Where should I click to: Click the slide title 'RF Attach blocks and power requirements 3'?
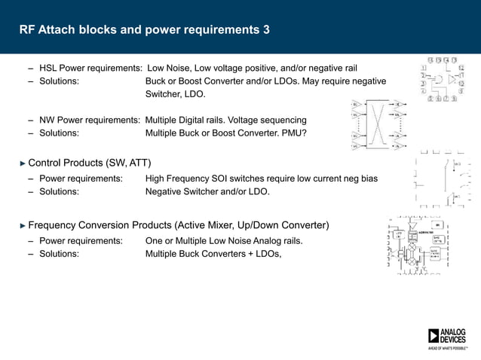[x=144, y=30]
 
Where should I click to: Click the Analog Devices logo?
[x=446, y=339]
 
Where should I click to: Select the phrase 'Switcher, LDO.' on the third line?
[x=175, y=95]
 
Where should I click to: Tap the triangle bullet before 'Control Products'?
[x=22, y=163]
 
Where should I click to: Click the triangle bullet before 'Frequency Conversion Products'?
[x=22, y=225]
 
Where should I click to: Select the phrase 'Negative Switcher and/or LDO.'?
[x=207, y=192]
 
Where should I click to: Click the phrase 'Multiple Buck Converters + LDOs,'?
[x=213, y=254]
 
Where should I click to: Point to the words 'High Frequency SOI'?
[x=187, y=178]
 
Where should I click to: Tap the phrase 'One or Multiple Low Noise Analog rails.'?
[x=223, y=240]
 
